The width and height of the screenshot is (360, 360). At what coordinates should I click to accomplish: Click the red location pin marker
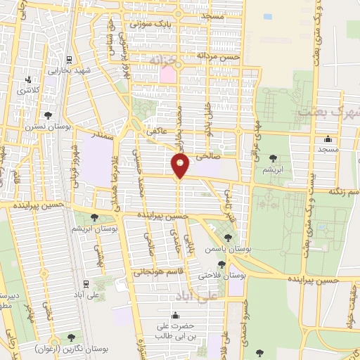point(181,166)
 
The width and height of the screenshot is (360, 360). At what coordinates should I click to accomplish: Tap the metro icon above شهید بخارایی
point(69,60)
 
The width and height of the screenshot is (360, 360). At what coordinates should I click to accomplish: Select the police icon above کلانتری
point(28,79)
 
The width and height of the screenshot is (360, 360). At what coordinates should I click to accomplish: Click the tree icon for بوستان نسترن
point(47,115)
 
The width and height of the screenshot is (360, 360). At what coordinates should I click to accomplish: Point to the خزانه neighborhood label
point(162,63)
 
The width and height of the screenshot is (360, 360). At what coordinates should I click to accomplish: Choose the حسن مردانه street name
point(219,56)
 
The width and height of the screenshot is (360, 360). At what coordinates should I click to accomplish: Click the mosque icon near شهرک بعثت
point(328,138)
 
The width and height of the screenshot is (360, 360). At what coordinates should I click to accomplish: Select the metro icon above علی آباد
point(86,283)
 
